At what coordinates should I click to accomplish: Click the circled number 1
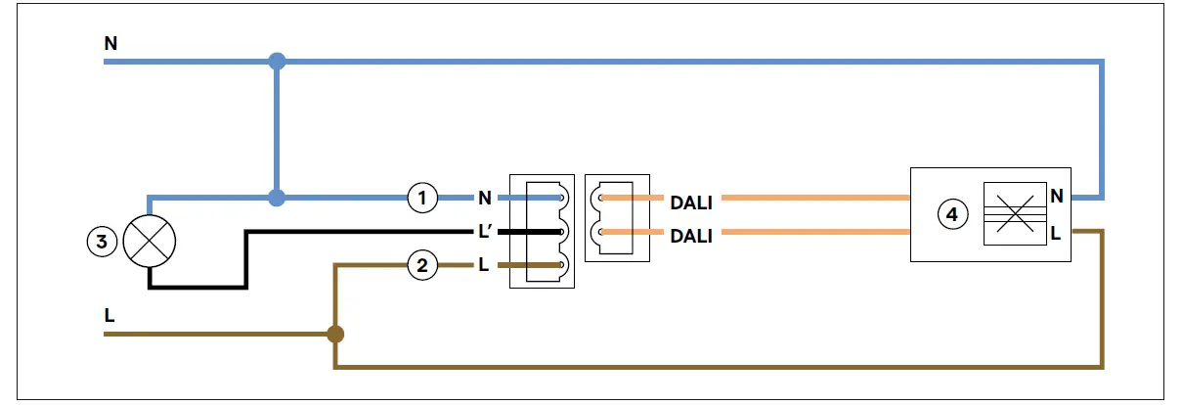422,198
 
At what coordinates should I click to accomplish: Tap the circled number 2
422,265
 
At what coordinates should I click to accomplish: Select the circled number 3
102,242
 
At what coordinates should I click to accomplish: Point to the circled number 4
952,214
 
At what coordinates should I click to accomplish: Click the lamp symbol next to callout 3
150,242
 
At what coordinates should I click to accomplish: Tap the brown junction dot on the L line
335,335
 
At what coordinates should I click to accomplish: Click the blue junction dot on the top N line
277,62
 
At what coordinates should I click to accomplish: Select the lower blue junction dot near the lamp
277,198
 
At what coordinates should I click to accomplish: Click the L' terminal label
484,231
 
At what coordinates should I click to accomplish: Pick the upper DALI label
691,202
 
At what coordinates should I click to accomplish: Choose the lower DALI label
691,236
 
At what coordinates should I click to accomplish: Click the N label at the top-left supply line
110,43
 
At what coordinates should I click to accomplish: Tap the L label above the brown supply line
109,315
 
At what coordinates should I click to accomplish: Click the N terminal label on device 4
1057,196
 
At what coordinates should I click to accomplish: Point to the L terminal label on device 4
1055,233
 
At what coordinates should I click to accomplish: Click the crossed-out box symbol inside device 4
1015,214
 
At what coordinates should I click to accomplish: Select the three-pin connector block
542,231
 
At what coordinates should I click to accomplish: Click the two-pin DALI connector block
617,218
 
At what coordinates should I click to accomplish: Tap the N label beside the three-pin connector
485,198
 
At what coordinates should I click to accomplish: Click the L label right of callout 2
483,264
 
